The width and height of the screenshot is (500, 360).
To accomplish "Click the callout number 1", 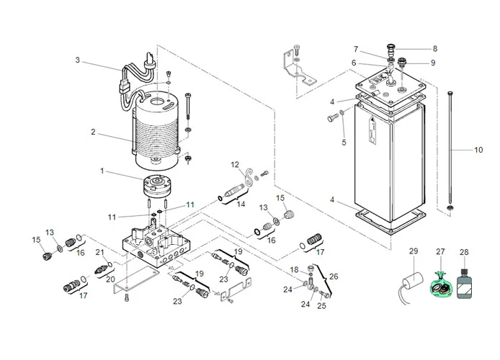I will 102,171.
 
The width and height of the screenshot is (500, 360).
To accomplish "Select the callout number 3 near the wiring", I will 78,60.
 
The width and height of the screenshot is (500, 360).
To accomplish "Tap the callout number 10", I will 478,150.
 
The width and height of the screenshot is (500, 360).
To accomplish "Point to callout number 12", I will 234,165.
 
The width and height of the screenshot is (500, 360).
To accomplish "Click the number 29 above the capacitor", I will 414,251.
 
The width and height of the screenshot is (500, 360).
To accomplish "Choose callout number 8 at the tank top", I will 434,49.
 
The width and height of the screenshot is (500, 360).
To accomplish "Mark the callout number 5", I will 344,143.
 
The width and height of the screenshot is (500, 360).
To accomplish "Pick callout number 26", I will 334,276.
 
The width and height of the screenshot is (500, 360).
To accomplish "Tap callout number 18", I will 294,269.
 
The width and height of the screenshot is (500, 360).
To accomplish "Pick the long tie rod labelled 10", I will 450,151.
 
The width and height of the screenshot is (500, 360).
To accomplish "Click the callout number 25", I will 321,306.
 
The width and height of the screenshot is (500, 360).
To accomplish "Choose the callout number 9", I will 433,63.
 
